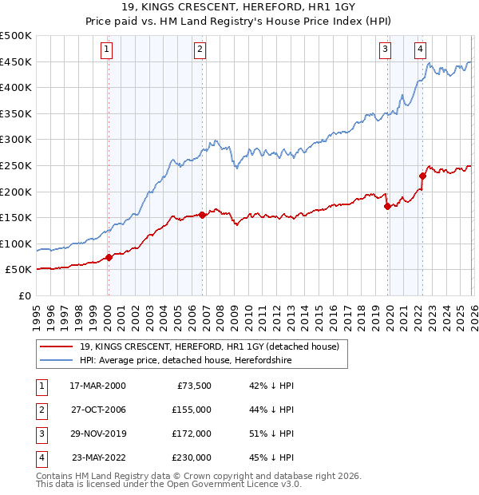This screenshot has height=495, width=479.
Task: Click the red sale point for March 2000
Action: pos(109,257)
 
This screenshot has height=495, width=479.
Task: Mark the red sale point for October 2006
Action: pos(202,215)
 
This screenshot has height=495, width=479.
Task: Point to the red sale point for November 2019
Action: pos(387,206)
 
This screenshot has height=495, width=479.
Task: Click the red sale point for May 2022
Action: pos(422,176)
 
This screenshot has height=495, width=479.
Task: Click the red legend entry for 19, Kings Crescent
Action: pos(209,346)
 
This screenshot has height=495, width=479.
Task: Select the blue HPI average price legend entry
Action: pos(185,360)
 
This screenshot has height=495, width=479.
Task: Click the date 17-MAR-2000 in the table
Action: pos(97,386)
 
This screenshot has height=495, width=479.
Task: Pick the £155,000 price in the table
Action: pos(192,410)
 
